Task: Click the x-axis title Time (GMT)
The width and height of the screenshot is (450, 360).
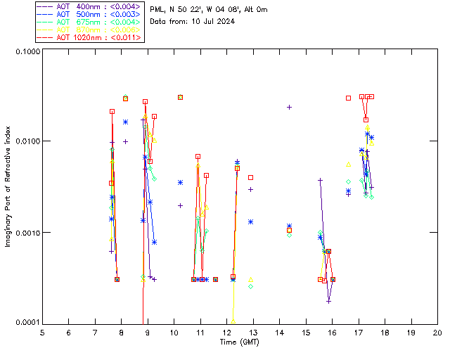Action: click(x=240, y=342)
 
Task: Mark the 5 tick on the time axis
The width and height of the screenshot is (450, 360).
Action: click(x=42, y=332)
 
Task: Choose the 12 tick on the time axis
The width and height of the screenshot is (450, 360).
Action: click(x=226, y=332)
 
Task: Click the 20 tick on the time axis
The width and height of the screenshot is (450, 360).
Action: click(x=437, y=332)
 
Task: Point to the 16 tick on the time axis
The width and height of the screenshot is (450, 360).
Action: click(x=332, y=332)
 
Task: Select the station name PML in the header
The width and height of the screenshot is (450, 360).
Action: click(x=157, y=9)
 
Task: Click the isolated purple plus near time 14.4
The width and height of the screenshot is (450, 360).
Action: click(x=289, y=107)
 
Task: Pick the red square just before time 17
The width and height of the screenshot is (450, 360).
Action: click(x=348, y=98)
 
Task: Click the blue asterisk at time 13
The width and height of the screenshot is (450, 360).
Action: click(x=250, y=221)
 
